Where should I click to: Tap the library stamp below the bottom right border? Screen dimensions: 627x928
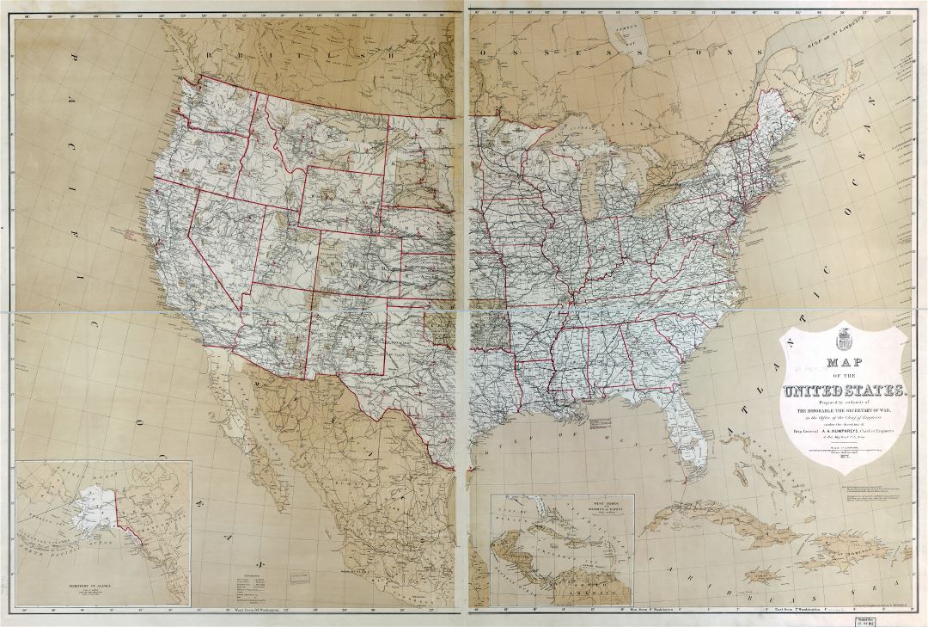(x=902, y=617)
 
